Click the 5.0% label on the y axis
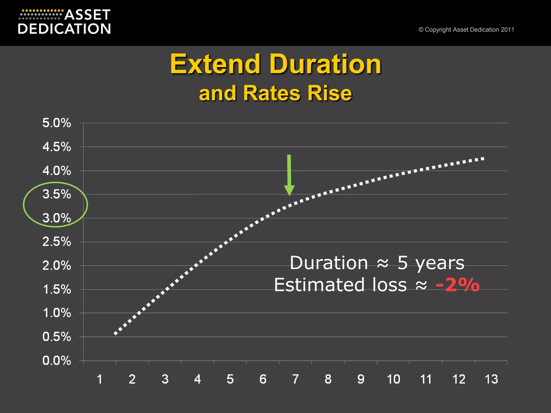click(56, 123)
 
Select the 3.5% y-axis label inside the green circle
click(56, 194)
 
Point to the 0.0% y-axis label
click(56, 361)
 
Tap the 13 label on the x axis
click(491, 379)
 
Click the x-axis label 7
click(295, 379)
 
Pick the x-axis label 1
click(100, 379)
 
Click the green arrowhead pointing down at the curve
click(289, 190)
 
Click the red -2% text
click(457, 285)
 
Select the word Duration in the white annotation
click(329, 263)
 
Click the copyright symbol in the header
click(421, 30)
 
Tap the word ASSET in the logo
click(87, 15)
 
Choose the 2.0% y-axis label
click(56, 266)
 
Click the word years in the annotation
click(440, 263)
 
